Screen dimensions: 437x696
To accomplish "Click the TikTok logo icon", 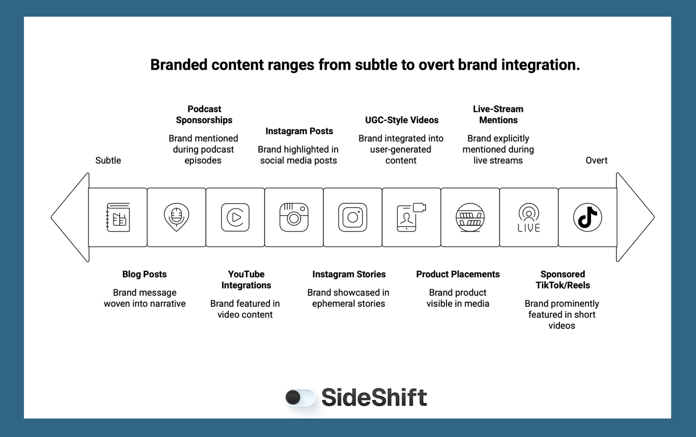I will [587, 217].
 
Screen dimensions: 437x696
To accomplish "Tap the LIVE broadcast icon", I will [528, 218].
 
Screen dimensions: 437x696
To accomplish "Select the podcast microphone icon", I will [176, 217].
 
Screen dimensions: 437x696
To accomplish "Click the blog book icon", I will [118, 217].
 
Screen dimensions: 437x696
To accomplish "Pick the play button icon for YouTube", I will [235, 217].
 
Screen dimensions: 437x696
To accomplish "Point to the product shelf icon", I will [470, 217].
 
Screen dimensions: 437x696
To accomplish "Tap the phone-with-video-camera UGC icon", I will [411, 217].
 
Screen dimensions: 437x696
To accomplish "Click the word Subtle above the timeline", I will [108, 161].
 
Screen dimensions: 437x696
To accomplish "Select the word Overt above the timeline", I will [596, 161].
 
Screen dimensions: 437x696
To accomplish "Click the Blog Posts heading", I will [144, 274].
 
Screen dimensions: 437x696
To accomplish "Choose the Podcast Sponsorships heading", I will [204, 114].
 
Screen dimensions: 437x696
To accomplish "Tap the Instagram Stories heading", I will [348, 274].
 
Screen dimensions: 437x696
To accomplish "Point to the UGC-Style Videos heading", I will [402, 120].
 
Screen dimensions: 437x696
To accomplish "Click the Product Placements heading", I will [457, 274].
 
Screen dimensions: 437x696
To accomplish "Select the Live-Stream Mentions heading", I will [498, 114].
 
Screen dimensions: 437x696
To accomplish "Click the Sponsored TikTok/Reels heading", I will [562, 280].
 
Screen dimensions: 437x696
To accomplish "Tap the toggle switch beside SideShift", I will [300, 397].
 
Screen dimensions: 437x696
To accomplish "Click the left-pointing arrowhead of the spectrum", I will [70, 217].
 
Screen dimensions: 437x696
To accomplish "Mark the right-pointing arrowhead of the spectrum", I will [635, 217].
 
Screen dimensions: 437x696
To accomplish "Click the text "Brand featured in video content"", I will [245, 309].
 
